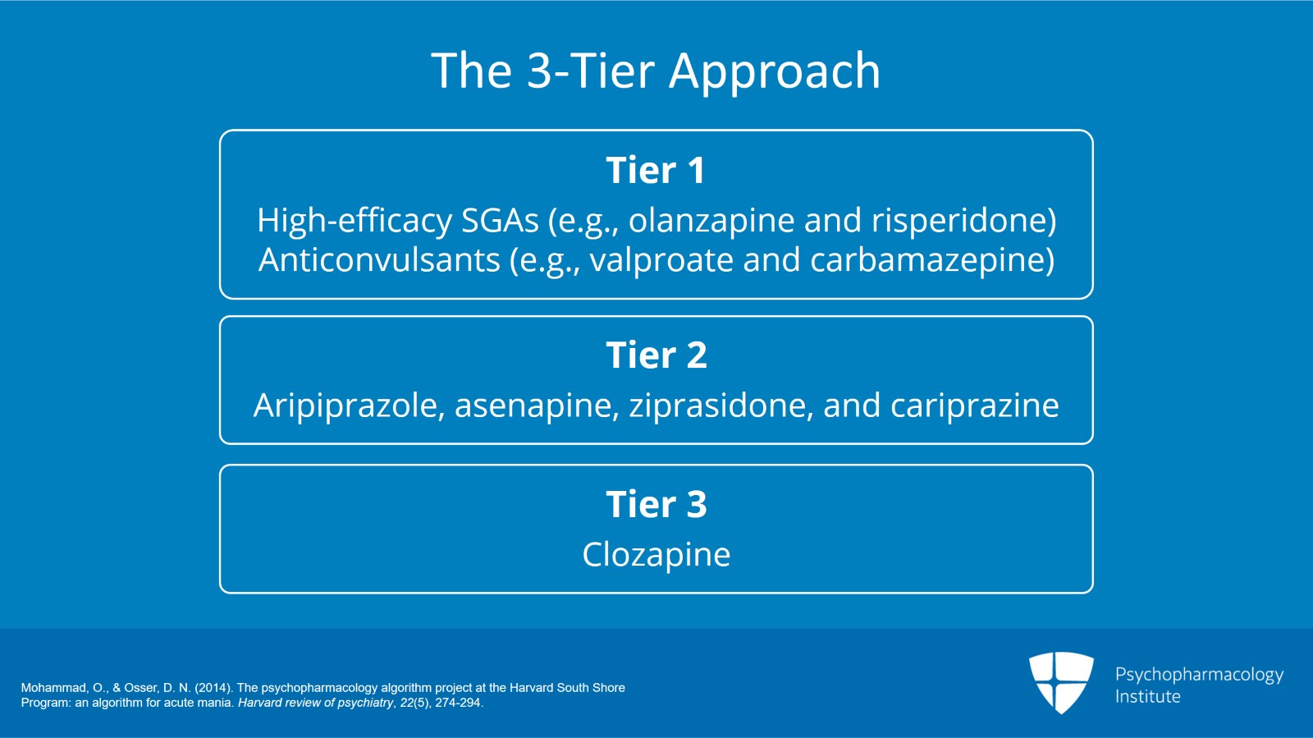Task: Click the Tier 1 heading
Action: (x=655, y=171)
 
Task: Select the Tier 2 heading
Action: (x=656, y=355)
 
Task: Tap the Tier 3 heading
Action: (x=656, y=504)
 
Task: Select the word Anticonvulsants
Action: (x=379, y=260)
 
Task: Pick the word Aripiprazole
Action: (x=349, y=406)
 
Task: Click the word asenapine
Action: (x=537, y=406)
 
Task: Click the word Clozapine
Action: (x=656, y=555)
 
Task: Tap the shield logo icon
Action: (x=1061, y=682)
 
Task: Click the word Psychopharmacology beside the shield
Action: (x=1199, y=675)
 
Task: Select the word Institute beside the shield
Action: (x=1147, y=697)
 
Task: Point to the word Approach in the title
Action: (x=775, y=71)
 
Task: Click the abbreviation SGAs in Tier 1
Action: (x=500, y=221)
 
